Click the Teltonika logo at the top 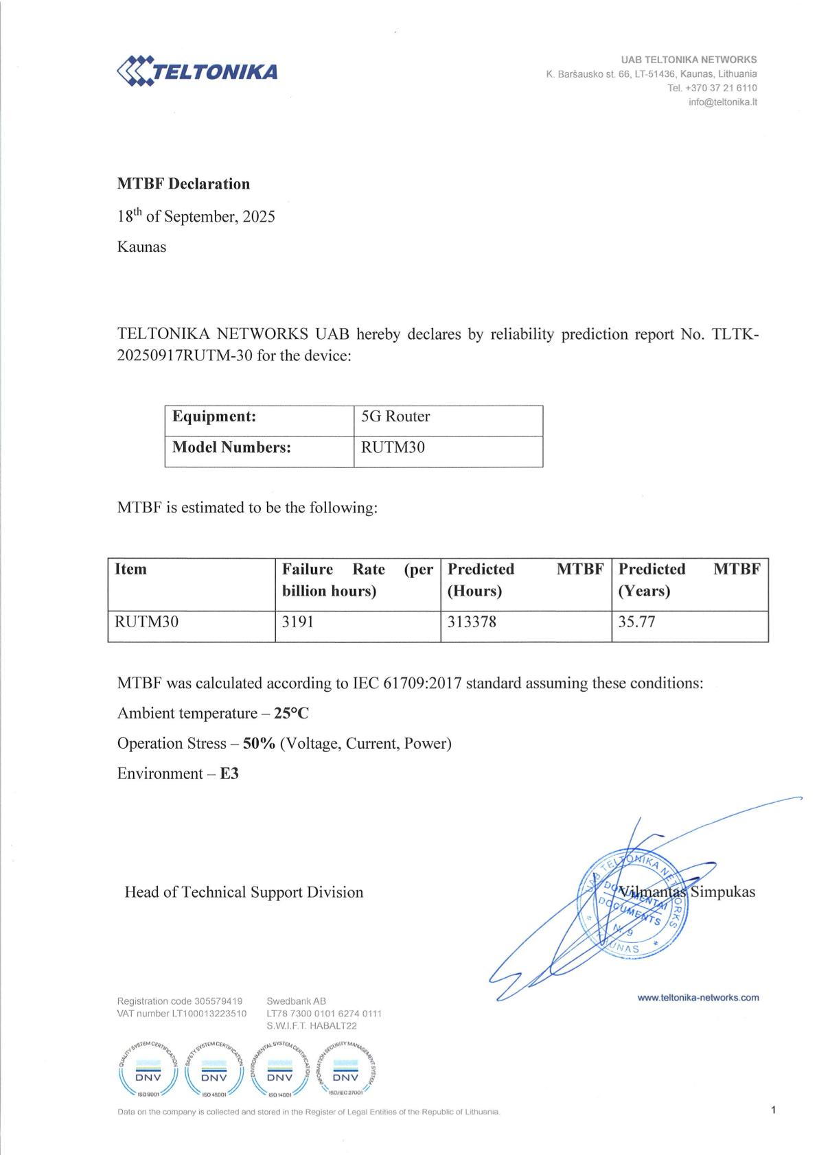(197, 71)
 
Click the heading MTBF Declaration (183, 184)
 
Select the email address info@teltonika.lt (722, 102)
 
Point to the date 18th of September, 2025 (196, 216)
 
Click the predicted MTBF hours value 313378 (472, 622)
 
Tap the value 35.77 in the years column (636, 622)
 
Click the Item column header (130, 569)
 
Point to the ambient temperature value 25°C (291, 714)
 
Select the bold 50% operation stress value (259, 744)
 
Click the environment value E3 (229, 774)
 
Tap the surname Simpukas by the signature (722, 892)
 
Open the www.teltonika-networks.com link (698, 998)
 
